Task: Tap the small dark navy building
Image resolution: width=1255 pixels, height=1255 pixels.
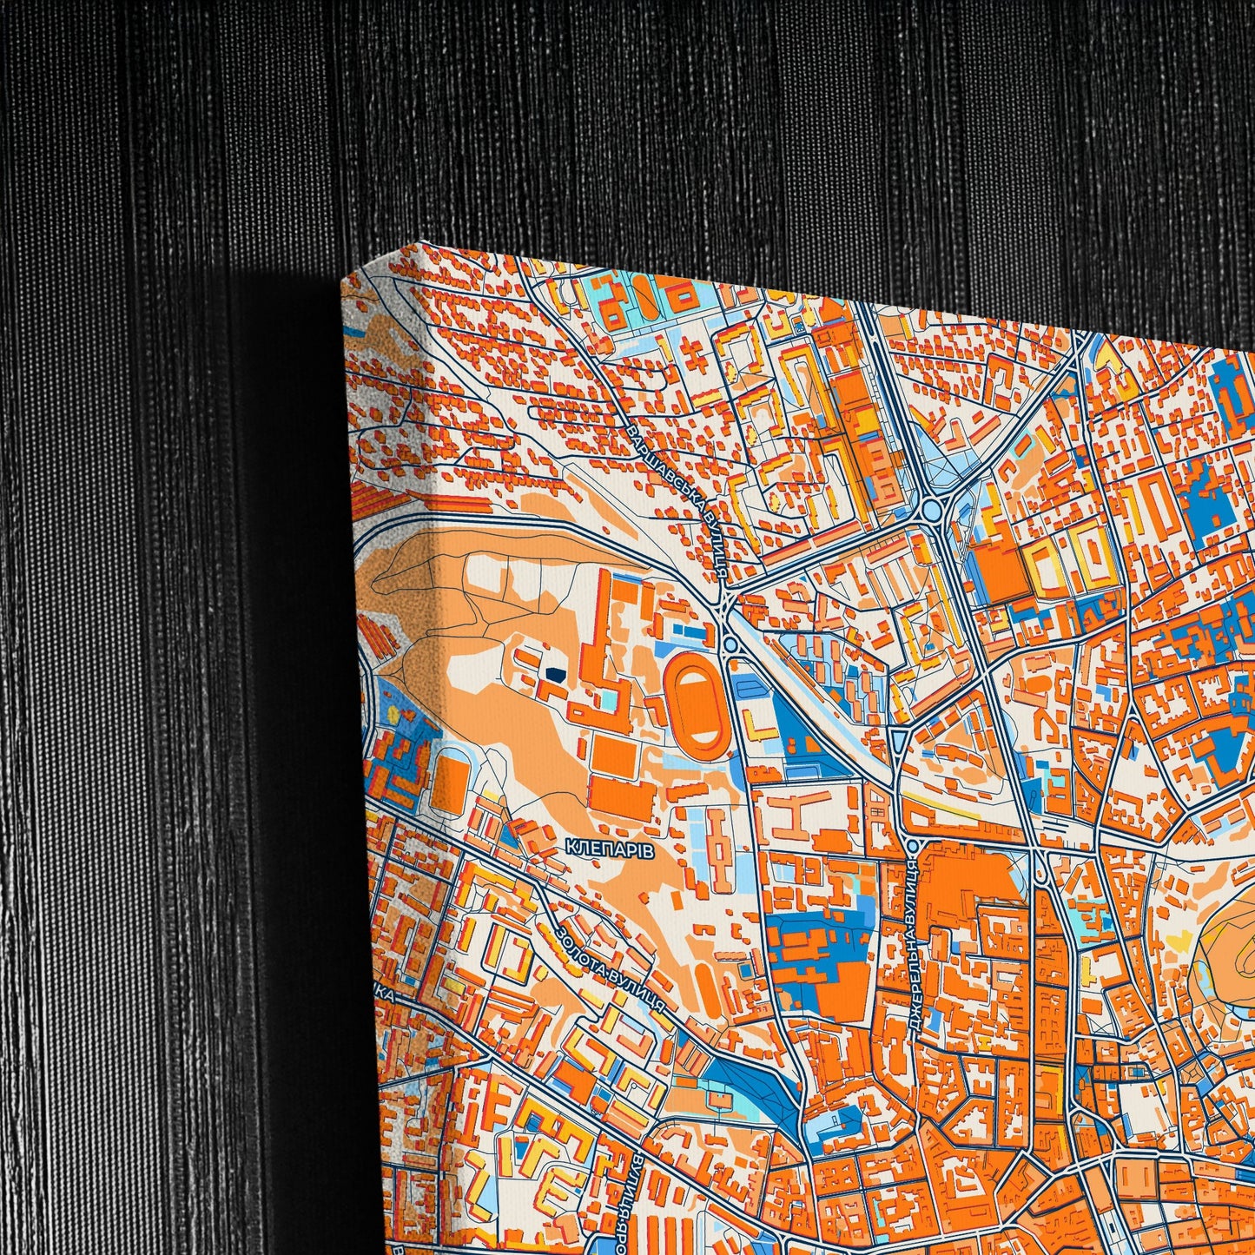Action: [x=553, y=671]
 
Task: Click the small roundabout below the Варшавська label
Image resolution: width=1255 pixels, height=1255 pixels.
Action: [x=730, y=644]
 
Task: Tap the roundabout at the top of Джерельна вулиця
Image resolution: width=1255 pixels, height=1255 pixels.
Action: [x=911, y=845]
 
